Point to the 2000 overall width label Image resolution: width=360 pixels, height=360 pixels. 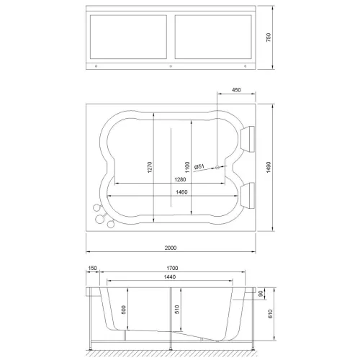pos(170,248)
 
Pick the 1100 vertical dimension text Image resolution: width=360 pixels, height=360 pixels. pos(186,166)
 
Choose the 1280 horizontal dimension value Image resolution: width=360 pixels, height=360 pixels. pos(171,179)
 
